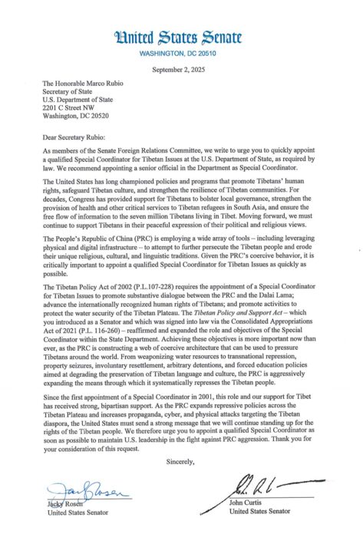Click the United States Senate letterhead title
[x=181, y=35]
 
